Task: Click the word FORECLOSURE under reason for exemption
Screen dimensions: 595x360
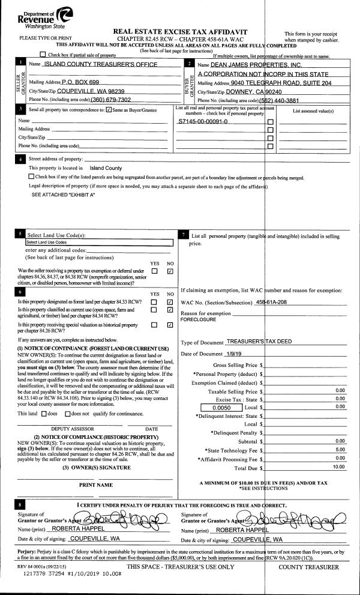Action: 199,320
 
